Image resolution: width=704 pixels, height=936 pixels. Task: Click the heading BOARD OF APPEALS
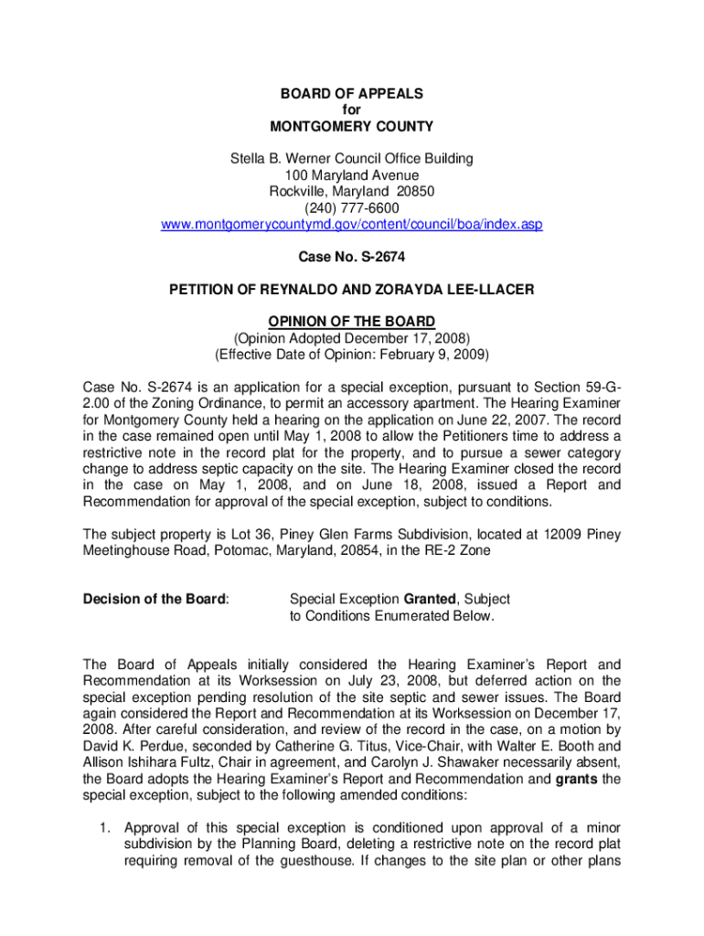point(352,93)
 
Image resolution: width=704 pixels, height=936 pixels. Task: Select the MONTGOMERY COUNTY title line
point(352,126)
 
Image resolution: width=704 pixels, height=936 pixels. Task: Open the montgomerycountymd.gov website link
point(352,224)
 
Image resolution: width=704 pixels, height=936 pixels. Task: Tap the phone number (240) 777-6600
point(352,207)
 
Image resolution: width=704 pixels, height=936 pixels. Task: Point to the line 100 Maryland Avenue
point(352,175)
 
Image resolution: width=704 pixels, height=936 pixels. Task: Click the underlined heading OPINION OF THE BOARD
point(352,321)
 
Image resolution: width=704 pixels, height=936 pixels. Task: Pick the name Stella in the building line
point(248,159)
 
